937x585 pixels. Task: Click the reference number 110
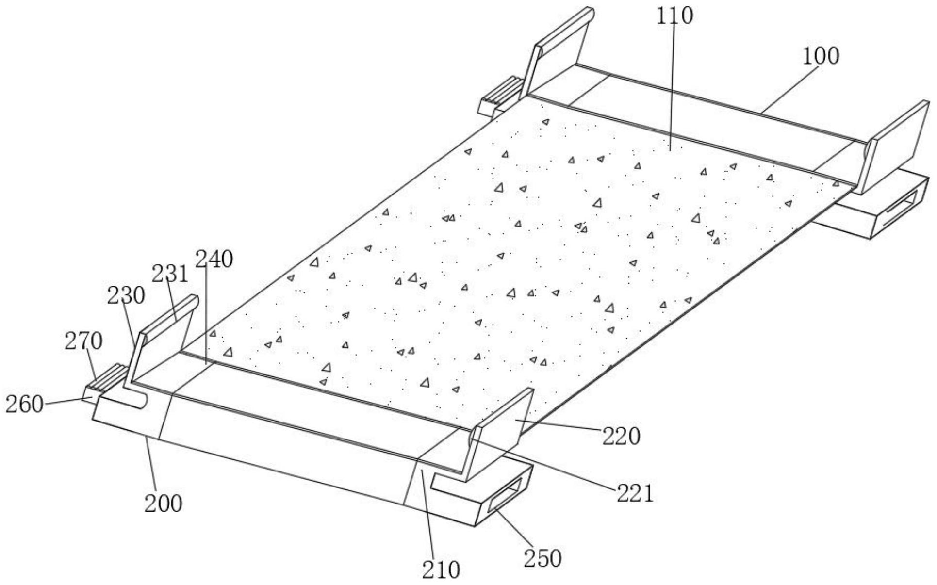674,16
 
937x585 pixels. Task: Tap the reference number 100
821,56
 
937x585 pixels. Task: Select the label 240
214,260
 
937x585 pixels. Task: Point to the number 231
169,274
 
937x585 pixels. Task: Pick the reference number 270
83,341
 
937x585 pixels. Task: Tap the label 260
25,404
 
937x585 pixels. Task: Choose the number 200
163,504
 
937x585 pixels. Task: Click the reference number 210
441,570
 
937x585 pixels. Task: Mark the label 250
542,558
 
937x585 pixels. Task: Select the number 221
635,494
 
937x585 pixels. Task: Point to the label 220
621,436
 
